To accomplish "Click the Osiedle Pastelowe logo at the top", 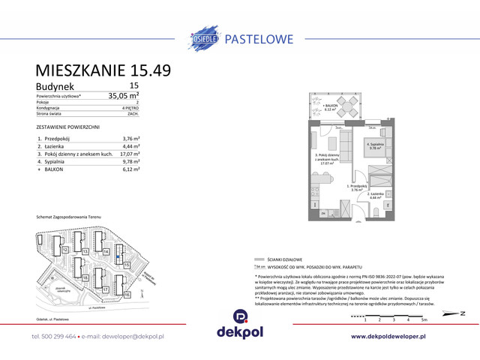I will pos(239,37).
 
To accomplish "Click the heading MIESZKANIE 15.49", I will pos(103,70).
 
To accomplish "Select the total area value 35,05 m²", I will pos(124,96).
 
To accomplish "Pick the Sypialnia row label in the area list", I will pos(58,161).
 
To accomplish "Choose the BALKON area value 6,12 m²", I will pos(130,169).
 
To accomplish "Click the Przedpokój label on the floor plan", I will pos(355,187).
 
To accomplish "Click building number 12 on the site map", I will pos(66,249).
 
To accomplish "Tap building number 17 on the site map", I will pos(106,289).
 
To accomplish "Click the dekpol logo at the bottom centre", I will pos(239,327).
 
